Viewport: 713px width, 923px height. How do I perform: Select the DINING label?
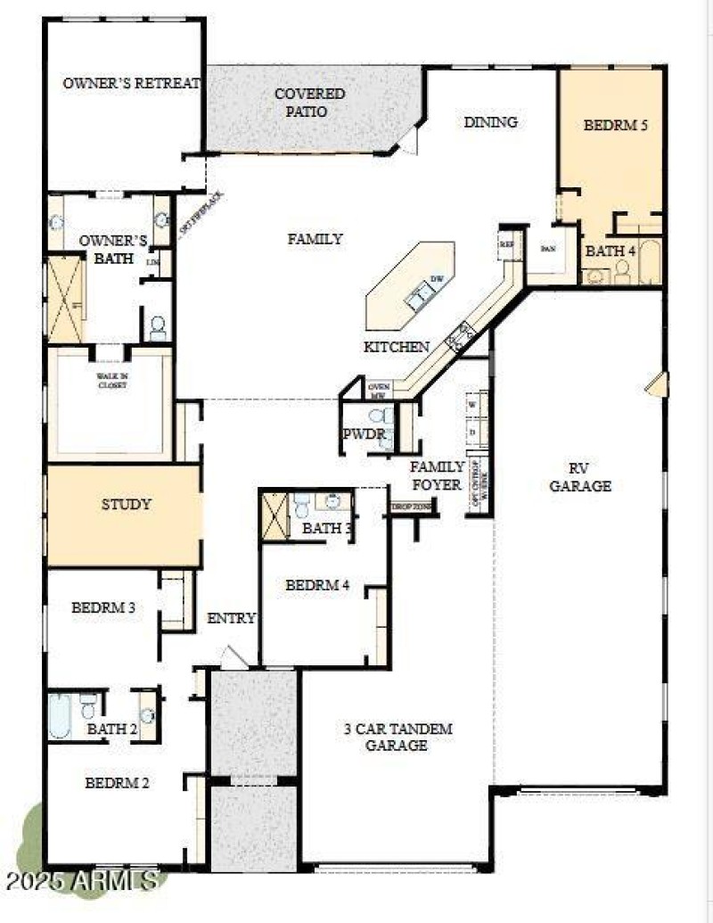click(490, 122)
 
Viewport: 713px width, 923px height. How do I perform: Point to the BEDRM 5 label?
click(615, 125)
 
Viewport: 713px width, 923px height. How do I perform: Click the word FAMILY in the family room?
click(315, 239)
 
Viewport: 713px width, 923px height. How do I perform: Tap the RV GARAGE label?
click(580, 477)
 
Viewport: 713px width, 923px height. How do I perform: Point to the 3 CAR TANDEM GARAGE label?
click(397, 737)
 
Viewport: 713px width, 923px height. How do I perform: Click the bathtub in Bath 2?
click(61, 716)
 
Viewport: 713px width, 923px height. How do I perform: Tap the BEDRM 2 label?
click(117, 783)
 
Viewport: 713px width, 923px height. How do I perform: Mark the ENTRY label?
click(231, 618)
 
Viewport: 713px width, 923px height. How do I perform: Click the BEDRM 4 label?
click(317, 585)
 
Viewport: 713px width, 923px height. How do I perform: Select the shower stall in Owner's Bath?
click(65, 298)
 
